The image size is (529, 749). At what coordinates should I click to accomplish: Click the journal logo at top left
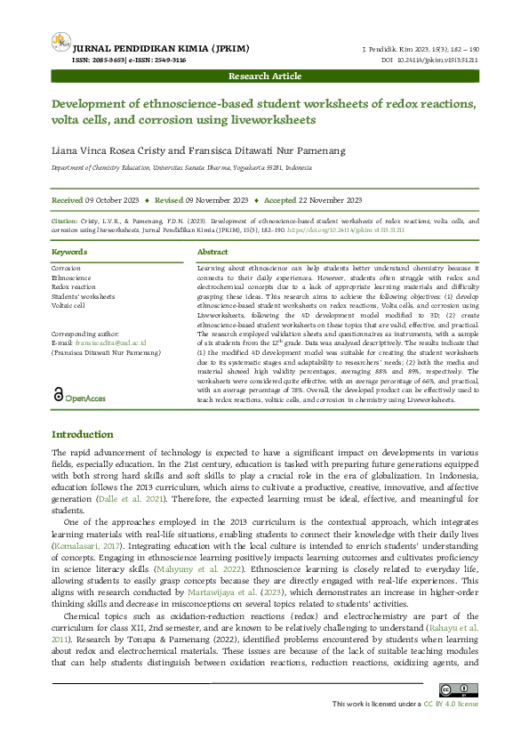pos(60,41)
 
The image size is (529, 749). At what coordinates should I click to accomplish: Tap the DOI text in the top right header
pos(429,60)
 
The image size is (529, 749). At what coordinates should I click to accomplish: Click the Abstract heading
pos(212,253)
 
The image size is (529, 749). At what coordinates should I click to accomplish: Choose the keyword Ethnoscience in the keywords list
pos(71,278)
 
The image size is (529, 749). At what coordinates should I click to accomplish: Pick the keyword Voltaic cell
pos(68,305)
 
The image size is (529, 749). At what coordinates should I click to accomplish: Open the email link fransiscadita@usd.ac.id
pos(110,342)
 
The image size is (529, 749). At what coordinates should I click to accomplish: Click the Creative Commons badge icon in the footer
pos(460,689)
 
